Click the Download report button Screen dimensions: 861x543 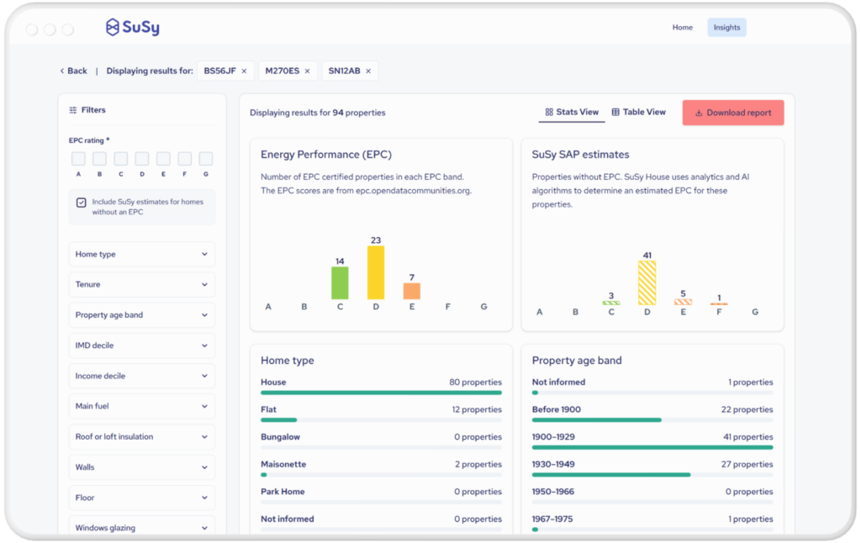(x=733, y=113)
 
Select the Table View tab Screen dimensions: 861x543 (x=639, y=112)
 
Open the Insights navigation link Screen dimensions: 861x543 (x=726, y=28)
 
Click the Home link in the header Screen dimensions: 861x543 (x=683, y=28)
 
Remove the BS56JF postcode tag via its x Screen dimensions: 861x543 (x=245, y=71)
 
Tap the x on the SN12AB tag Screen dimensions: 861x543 (x=368, y=71)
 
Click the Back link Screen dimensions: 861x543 (x=74, y=71)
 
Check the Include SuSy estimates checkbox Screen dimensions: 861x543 (x=82, y=203)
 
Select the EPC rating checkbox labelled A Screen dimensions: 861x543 (x=78, y=159)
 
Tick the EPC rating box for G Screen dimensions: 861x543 (x=206, y=159)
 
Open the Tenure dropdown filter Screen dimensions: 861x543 (x=142, y=284)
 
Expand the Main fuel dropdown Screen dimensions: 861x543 (x=142, y=406)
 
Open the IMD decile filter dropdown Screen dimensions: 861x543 (x=142, y=345)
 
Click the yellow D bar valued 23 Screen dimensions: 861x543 (x=376, y=272)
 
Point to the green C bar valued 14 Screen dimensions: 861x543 (x=340, y=282)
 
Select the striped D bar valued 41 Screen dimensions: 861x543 (x=647, y=282)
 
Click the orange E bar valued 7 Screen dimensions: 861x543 (x=412, y=291)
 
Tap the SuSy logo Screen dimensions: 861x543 (x=132, y=27)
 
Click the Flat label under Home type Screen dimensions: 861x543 (x=268, y=409)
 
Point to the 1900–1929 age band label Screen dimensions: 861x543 (x=553, y=437)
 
